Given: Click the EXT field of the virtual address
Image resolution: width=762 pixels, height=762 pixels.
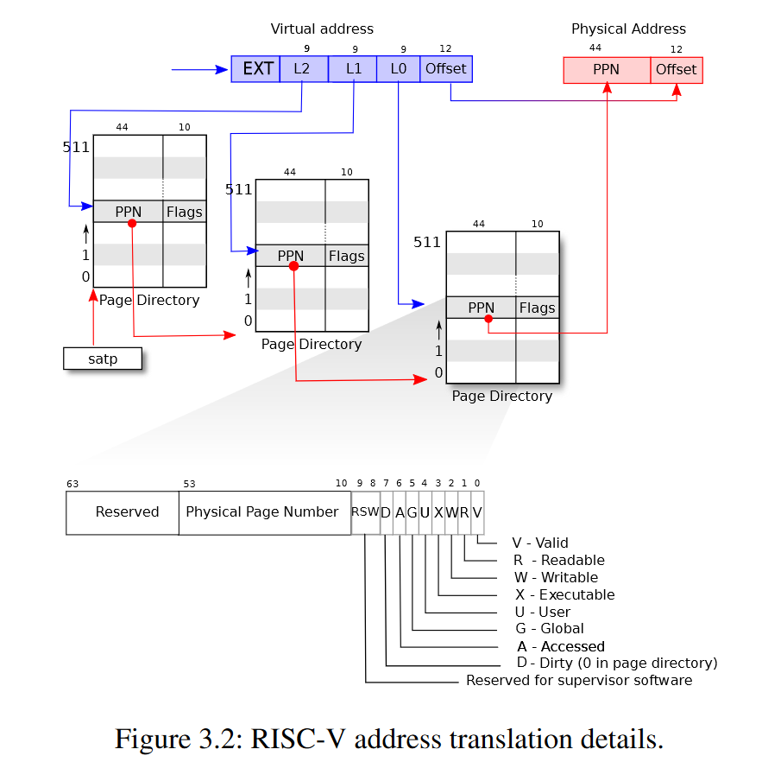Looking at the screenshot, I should [255, 69].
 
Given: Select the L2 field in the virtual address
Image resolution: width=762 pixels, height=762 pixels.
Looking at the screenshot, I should [304, 69].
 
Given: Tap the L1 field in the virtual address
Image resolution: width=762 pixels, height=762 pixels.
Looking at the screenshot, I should [352, 69].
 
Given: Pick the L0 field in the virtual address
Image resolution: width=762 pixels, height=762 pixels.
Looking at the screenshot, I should [398, 69].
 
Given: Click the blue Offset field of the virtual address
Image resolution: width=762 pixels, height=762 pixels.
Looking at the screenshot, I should [446, 69].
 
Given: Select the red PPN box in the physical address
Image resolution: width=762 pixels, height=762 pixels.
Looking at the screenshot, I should [607, 70].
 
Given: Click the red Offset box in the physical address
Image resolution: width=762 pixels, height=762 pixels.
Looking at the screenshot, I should [677, 70].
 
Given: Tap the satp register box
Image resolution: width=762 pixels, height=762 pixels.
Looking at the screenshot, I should [103, 359].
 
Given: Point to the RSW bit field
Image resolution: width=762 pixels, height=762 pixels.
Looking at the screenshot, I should [365, 512].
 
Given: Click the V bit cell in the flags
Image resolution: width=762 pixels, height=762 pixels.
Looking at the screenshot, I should [477, 512].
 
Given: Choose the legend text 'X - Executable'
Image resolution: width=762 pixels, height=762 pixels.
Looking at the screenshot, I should [565, 594].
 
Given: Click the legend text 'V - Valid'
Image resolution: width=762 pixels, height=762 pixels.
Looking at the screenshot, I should [540, 543].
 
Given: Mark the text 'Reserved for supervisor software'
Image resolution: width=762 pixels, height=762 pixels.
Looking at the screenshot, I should [579, 681].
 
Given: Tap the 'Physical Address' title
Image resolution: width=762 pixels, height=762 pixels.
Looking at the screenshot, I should [628, 29].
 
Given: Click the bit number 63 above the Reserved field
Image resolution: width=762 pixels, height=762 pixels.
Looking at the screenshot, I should [72, 484].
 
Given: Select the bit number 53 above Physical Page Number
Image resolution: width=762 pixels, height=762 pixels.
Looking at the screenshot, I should [190, 484].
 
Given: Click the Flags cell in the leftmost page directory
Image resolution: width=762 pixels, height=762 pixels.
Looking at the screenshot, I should [185, 212].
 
